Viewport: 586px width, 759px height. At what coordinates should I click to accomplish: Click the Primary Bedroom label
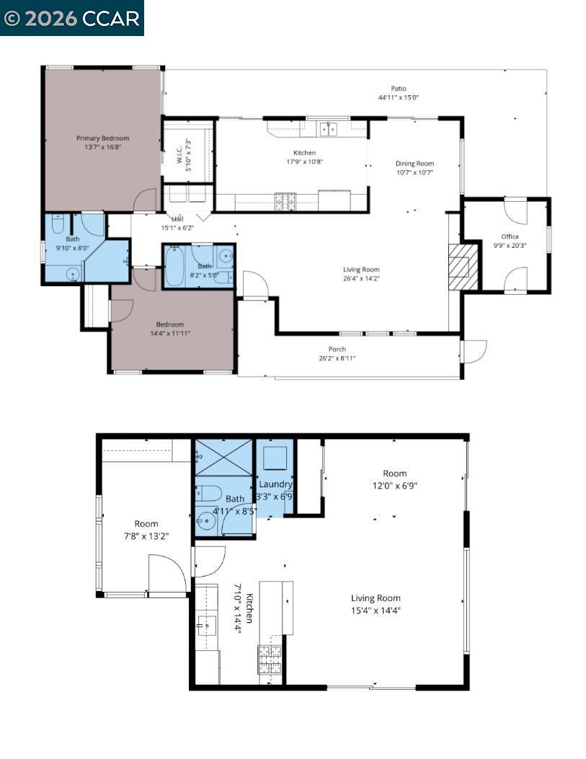102,138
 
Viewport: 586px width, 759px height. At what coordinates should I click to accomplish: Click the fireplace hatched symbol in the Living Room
463,266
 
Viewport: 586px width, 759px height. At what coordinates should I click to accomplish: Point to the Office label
510,236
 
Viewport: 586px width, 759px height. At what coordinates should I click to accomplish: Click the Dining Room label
414,164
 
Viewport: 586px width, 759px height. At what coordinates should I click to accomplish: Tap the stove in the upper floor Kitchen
284,202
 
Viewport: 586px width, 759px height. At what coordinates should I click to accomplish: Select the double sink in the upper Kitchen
329,129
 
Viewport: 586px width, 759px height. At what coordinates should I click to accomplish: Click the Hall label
177,219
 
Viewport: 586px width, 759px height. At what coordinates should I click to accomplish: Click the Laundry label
275,484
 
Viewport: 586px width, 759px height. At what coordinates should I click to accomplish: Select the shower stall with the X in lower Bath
223,456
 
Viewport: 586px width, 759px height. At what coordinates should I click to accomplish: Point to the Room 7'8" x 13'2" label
146,524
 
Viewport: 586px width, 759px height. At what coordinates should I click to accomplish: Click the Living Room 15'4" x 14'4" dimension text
376,611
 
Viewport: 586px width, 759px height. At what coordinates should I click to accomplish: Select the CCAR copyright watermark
72,18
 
